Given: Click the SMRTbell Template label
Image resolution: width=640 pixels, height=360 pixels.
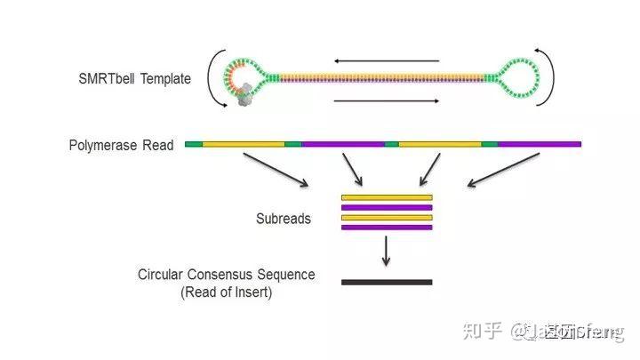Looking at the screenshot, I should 134,79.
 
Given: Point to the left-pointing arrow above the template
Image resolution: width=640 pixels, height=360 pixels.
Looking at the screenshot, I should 388,61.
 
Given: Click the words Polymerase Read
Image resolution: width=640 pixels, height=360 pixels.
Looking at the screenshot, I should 121,144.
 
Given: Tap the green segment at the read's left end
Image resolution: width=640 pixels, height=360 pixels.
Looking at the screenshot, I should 193,143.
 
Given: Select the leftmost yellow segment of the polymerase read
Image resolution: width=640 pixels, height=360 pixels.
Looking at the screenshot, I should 243,143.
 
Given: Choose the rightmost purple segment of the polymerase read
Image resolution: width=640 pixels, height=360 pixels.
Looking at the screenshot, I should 539,143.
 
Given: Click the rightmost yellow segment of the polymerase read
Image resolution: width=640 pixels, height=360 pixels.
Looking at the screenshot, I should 439,143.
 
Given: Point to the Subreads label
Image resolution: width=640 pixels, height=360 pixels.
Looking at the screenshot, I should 283,218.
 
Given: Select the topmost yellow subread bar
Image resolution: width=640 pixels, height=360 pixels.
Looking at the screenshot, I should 387,196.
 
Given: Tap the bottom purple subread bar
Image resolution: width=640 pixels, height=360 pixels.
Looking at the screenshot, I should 387,228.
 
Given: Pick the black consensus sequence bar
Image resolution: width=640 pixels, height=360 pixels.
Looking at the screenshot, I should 387,283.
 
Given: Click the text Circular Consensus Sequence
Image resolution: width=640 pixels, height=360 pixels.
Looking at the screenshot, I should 226,275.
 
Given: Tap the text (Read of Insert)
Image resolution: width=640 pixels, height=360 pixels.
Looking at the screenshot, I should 226,292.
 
